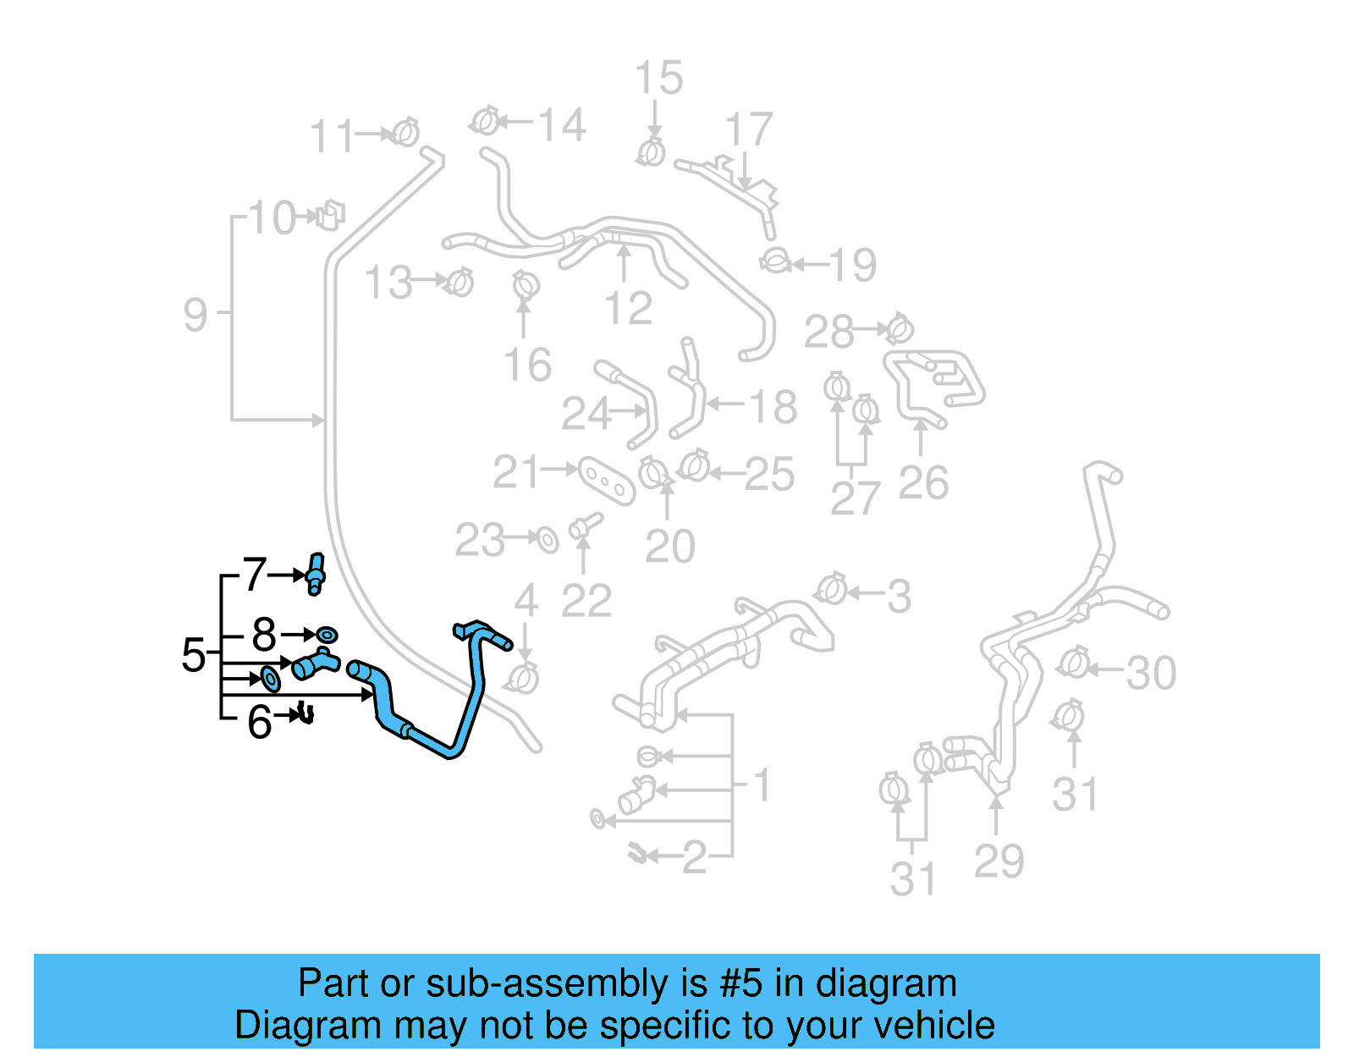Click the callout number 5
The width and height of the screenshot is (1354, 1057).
point(193,655)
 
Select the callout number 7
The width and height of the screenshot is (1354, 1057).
point(255,575)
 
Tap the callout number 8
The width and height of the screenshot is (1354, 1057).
point(264,634)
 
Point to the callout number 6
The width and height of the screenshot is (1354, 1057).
point(259,722)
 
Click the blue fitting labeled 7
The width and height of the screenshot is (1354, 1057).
point(315,574)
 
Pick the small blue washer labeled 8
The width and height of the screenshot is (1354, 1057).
point(327,635)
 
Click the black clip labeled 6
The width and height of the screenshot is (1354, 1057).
point(306,713)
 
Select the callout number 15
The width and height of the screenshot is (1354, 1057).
point(658,78)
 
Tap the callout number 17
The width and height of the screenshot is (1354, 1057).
point(749,129)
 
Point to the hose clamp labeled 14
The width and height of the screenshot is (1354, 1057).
point(484,121)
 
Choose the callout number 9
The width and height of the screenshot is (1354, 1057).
point(195,315)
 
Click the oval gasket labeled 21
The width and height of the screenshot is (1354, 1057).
point(607,481)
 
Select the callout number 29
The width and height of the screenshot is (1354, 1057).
point(999,861)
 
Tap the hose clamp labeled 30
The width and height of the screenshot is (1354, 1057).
point(1074,663)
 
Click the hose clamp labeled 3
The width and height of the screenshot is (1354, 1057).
point(832,589)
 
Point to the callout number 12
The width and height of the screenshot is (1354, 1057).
point(628,308)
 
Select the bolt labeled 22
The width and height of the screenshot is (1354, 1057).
point(583,525)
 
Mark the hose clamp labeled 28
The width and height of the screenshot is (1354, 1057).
point(899,328)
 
